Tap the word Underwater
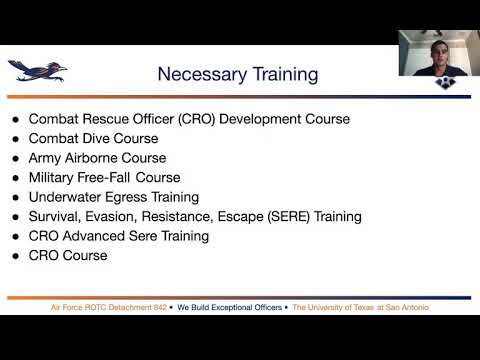click(65, 197)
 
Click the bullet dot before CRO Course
click(14, 256)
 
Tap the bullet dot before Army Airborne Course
click(14, 159)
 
